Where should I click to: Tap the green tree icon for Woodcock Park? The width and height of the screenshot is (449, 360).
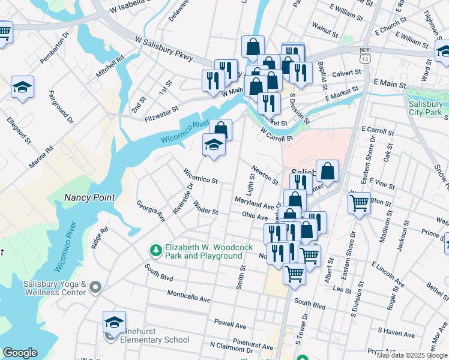click(x=155, y=249)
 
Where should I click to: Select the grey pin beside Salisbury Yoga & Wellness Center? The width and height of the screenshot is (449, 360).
click(x=95, y=289)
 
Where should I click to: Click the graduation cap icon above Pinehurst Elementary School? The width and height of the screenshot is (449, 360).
click(x=114, y=322)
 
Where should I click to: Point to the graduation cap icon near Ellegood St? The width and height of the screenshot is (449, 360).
click(x=22, y=88)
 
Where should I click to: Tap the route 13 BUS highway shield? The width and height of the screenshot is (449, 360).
click(x=364, y=55)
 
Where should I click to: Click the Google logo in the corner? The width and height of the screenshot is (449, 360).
click(x=20, y=353)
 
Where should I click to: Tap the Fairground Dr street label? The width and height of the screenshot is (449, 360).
click(x=61, y=106)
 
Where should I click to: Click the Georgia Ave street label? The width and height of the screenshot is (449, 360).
click(x=150, y=211)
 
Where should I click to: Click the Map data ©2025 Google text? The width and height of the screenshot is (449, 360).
click(x=412, y=355)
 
